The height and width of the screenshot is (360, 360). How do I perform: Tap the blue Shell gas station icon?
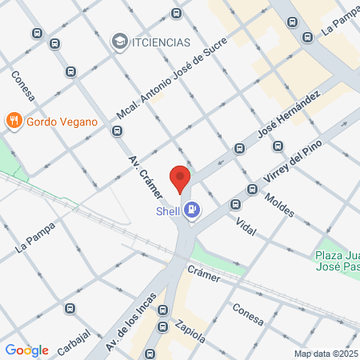tap(192, 210)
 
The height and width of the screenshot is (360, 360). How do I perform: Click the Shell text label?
tap(168, 211)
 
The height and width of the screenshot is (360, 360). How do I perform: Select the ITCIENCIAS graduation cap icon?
tap(119, 41)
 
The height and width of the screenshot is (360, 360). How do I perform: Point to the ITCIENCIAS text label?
tap(162, 42)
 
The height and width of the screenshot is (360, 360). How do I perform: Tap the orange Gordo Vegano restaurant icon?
tap(13, 122)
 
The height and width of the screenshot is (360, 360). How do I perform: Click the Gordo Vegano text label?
tap(62, 122)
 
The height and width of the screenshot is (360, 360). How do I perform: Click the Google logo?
tap(26, 350)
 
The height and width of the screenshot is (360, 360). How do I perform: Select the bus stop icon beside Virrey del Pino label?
tap(252, 190)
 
